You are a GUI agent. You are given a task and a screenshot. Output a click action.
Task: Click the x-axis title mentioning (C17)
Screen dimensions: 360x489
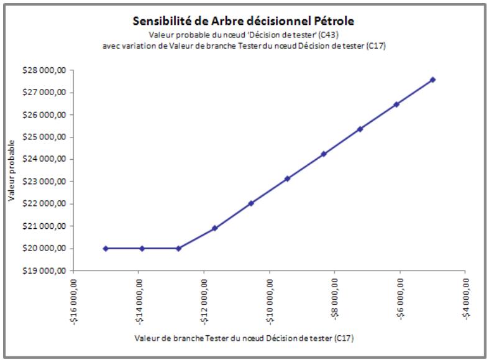click(x=244, y=338)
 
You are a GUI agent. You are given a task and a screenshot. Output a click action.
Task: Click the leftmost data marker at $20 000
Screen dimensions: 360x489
click(x=106, y=248)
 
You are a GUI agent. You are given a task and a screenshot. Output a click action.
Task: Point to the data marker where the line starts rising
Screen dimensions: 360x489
click(x=178, y=248)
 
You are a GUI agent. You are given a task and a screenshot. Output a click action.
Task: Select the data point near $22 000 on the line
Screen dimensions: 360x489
click(x=251, y=203)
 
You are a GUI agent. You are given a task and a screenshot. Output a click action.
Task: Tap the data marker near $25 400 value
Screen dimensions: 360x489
click(x=360, y=129)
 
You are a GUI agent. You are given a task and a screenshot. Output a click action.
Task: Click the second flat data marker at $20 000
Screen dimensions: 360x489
click(x=142, y=248)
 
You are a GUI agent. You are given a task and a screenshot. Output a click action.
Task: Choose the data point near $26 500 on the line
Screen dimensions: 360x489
click(x=396, y=104)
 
